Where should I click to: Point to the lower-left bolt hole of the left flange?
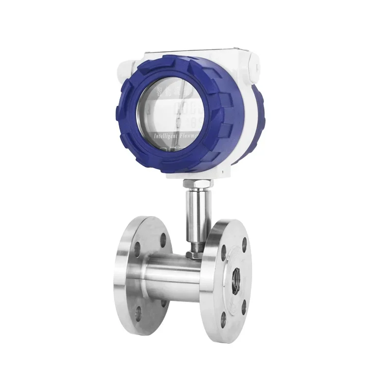[138, 312]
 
